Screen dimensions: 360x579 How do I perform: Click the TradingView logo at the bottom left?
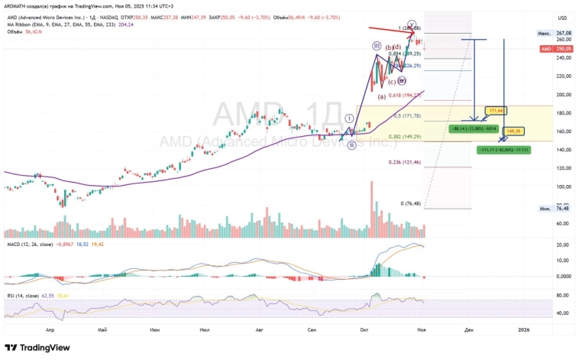pos(37,348)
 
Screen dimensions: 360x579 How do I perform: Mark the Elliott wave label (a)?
pos(383,96)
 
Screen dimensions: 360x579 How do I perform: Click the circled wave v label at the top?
pos(412,24)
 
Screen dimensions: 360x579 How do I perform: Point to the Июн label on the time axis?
pos(155,329)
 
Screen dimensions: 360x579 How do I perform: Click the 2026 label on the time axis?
pos(523,329)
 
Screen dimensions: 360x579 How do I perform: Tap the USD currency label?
pos(563,18)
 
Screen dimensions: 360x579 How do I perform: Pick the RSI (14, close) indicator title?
pos(24,294)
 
